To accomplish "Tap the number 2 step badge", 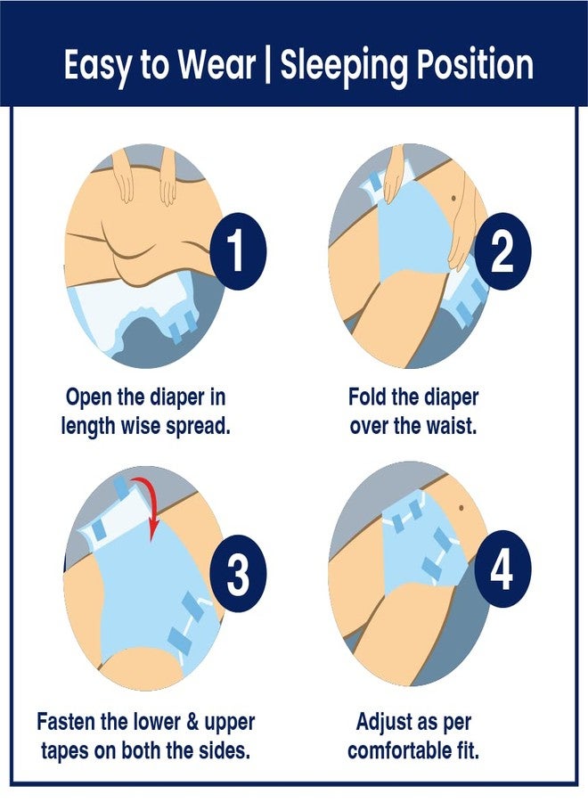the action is tap(502, 251).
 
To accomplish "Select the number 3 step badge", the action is tap(238, 573).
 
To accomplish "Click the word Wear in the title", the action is tap(216, 65).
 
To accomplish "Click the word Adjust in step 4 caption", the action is tap(386, 723).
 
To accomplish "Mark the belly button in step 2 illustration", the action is tap(454, 197).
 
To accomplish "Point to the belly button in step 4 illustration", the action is tap(461, 507).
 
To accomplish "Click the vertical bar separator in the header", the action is tap(268, 65).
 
